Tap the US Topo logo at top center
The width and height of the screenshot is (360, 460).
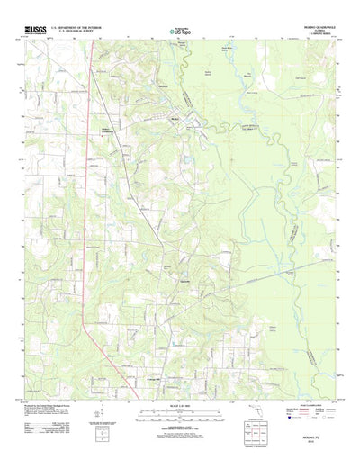click(x=179, y=32)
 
